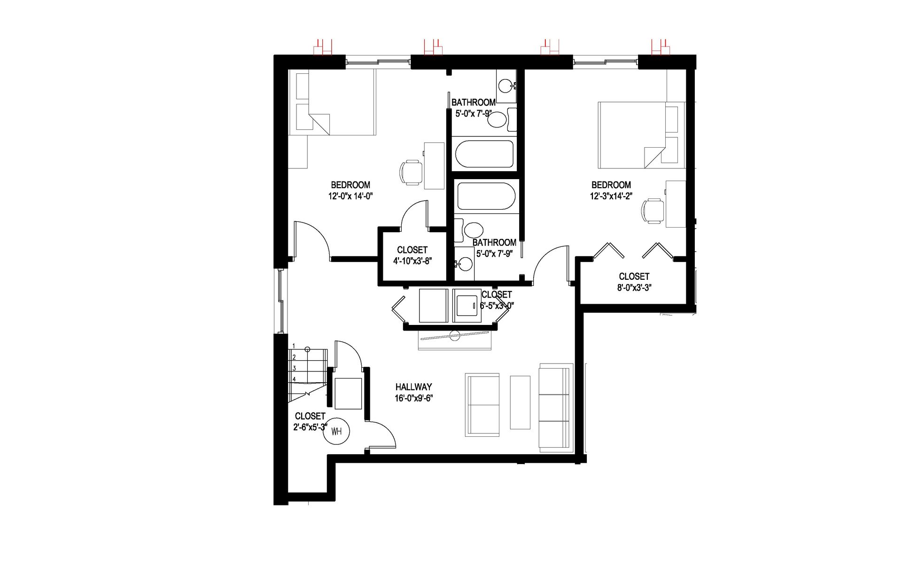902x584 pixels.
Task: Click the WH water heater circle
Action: (336, 431)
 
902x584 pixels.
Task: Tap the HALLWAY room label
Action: (413, 387)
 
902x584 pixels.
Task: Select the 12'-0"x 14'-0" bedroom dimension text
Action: (350, 196)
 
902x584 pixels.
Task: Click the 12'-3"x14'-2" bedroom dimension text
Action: (611, 196)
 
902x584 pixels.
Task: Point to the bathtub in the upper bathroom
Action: (484, 154)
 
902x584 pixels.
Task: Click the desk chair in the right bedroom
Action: (653, 210)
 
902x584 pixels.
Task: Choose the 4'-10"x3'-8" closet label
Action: (412, 261)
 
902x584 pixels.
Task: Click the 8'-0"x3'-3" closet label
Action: (634, 287)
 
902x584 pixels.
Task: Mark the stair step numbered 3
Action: (295, 368)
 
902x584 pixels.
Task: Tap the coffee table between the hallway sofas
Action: (520, 402)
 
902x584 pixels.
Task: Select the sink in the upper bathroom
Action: (505, 86)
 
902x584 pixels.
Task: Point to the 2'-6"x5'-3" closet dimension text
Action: (310, 427)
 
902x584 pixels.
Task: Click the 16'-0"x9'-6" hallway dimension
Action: (413, 398)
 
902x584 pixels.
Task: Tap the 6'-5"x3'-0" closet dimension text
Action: (497, 305)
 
